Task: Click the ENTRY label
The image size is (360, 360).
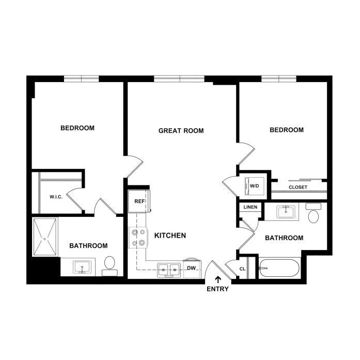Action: click(x=217, y=289)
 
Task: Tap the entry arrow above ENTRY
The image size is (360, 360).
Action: click(x=218, y=279)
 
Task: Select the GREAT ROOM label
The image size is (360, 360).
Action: click(x=181, y=131)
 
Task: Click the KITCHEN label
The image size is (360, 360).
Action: click(x=170, y=236)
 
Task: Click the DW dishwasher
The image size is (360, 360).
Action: click(x=192, y=269)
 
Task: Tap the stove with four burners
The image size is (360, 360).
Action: click(x=138, y=238)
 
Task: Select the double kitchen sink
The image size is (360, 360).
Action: click(x=168, y=270)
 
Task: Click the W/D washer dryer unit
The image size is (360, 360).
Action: click(x=254, y=186)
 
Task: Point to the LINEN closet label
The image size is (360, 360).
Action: click(x=251, y=207)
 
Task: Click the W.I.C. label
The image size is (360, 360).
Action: click(x=56, y=197)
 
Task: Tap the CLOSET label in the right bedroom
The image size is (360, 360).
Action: click(x=298, y=187)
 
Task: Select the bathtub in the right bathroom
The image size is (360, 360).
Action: click(x=279, y=268)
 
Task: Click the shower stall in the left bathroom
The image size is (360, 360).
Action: click(x=44, y=237)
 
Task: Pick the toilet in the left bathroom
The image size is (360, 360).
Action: click(x=109, y=267)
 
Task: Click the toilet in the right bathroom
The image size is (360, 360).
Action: click(x=314, y=213)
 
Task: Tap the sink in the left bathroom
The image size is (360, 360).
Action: click(x=82, y=267)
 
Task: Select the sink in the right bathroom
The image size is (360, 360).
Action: click(x=286, y=212)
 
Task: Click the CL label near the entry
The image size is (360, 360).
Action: click(x=242, y=269)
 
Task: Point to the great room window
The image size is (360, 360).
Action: click(x=179, y=79)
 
